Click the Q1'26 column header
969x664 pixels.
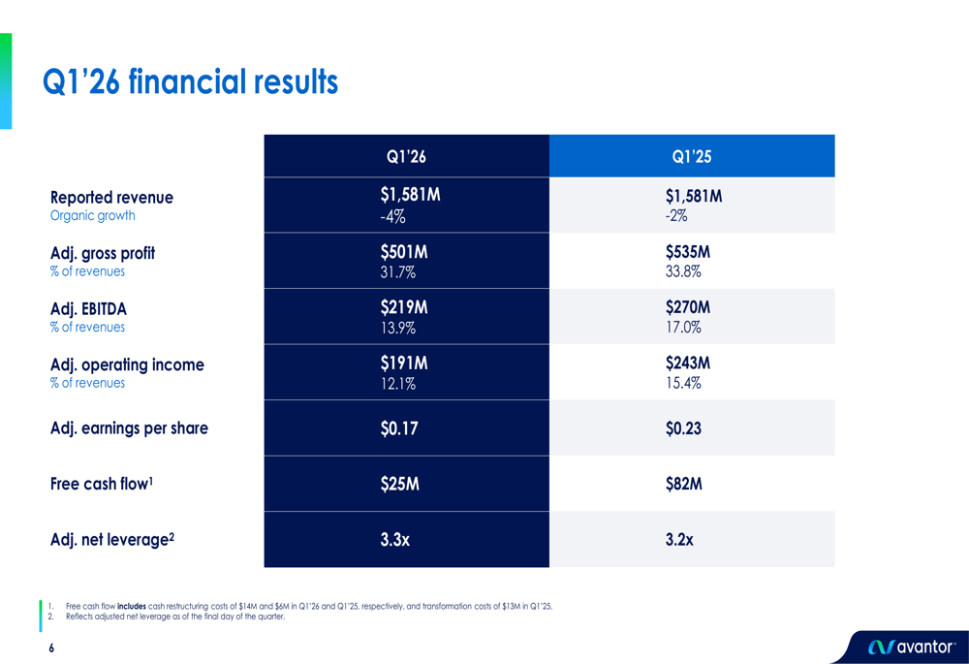(x=406, y=157)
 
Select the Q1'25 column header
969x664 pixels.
(x=692, y=157)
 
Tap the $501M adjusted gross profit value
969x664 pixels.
(x=404, y=253)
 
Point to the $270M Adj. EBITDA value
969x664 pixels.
(x=688, y=308)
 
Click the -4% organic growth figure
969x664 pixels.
(x=393, y=216)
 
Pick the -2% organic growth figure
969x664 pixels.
(x=677, y=216)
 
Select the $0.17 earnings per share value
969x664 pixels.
(x=399, y=428)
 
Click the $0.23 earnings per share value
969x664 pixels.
(x=683, y=428)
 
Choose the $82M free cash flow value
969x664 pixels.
(x=684, y=484)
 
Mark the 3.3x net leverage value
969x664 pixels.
(x=395, y=540)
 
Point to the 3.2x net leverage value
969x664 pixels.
(x=679, y=540)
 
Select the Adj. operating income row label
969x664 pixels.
(x=127, y=365)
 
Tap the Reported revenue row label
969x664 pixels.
(x=111, y=198)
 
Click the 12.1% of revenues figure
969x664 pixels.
(x=399, y=383)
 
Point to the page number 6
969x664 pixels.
(x=51, y=648)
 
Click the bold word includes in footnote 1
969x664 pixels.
(x=132, y=606)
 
